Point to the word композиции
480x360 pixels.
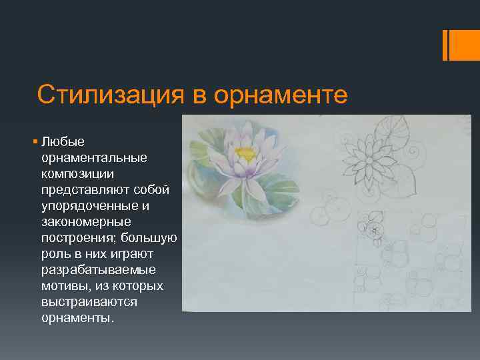pyautogui.click(x=78, y=174)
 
